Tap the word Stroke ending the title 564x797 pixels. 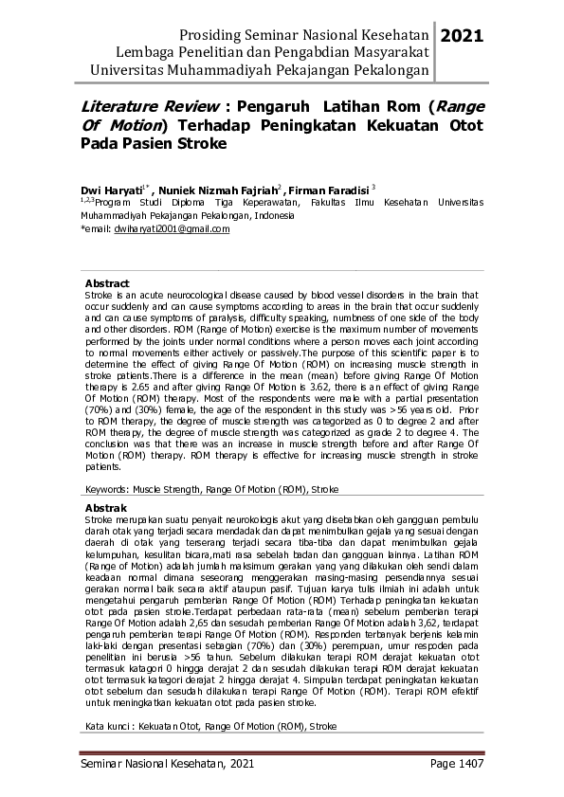197,144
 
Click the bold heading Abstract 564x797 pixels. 107,283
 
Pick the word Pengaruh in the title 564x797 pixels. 275,106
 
